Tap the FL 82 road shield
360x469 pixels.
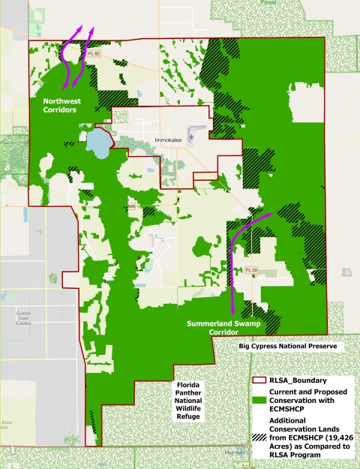click(93, 53)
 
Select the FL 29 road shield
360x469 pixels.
click(253, 269)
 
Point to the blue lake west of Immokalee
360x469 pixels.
click(98, 140)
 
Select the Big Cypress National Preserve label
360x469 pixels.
click(286, 347)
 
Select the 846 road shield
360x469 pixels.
click(131, 205)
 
